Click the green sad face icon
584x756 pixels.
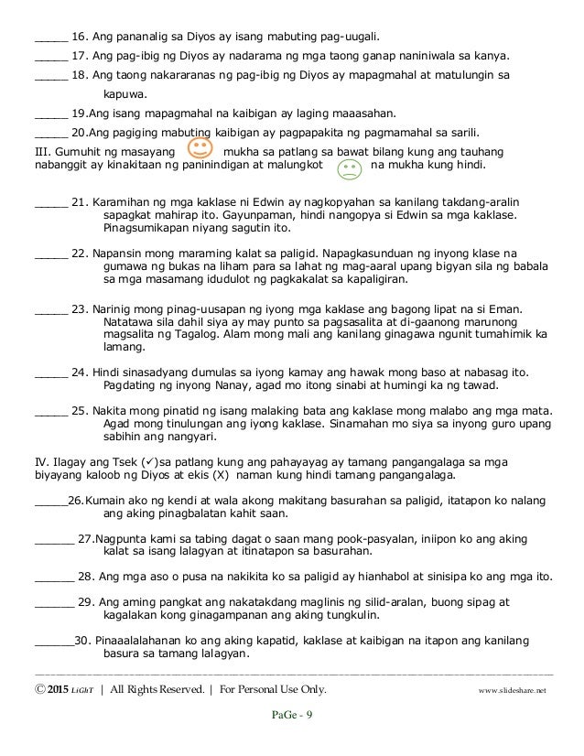(349, 168)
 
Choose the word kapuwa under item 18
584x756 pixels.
(124, 93)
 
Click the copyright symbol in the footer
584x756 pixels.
(38, 689)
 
